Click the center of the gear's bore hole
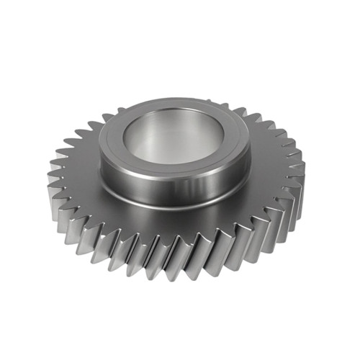(174, 137)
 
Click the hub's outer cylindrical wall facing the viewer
(173, 189)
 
